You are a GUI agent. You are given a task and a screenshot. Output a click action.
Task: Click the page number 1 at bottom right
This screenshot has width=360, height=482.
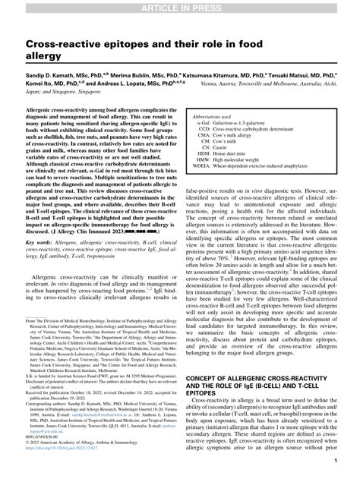point(333,460)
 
